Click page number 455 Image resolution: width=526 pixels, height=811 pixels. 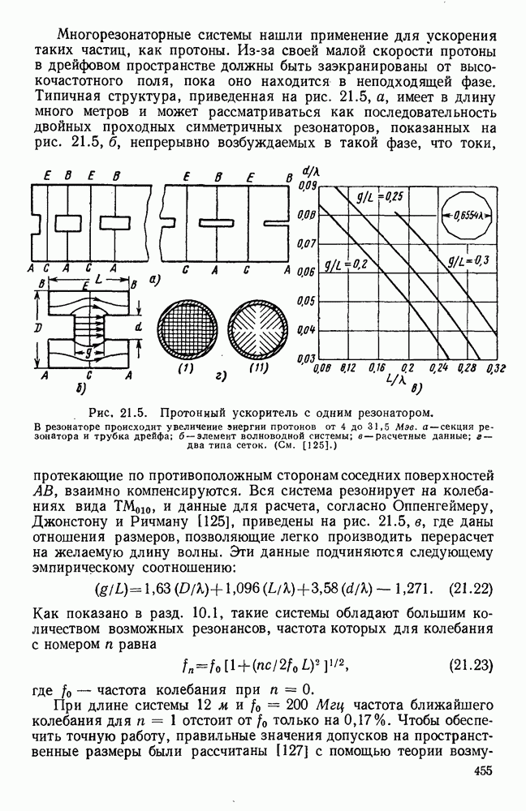coord(483,793)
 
